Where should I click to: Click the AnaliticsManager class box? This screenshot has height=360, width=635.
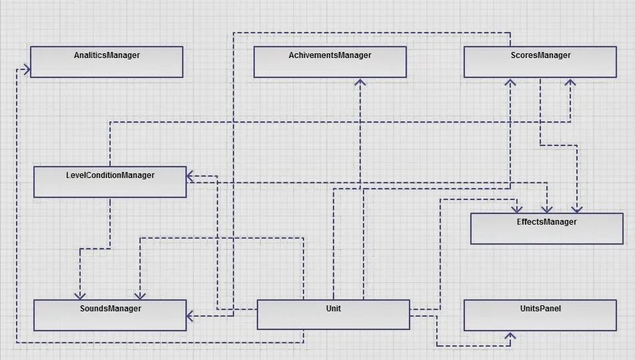[x=106, y=62]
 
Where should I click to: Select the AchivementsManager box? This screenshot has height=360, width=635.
[x=330, y=62]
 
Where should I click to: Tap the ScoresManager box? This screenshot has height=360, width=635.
[x=540, y=62]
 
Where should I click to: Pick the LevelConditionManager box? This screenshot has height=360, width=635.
[x=109, y=182]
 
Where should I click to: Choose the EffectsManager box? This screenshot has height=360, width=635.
[x=546, y=229]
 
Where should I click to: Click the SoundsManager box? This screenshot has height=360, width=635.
[x=109, y=315]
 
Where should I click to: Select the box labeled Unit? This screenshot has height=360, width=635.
[x=333, y=315]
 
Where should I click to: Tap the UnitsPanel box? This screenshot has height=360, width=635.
[x=540, y=315]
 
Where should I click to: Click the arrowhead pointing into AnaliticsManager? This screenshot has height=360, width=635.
[x=26, y=69]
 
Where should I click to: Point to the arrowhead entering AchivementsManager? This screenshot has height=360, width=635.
[x=360, y=83]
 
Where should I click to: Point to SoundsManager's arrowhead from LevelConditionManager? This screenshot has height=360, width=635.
[x=79, y=295]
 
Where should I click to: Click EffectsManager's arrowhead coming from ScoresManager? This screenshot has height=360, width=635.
[x=578, y=209]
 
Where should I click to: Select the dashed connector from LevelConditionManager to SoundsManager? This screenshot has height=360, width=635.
[x=109, y=227]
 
